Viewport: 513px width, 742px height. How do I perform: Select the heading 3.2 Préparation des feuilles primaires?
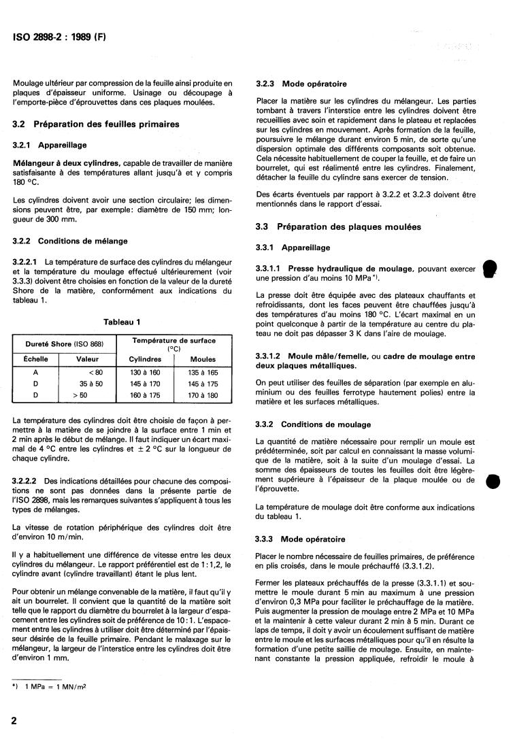[96, 124]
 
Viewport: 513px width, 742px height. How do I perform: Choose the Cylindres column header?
[145, 359]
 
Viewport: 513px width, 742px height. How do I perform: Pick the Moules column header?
[203, 359]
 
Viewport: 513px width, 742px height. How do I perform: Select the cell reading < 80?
[95, 372]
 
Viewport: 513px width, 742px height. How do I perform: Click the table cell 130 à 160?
[145, 372]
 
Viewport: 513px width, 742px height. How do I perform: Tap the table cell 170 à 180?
[203, 394]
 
